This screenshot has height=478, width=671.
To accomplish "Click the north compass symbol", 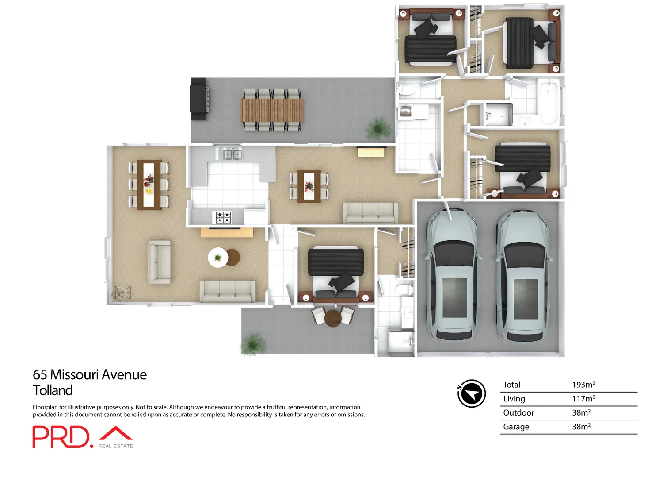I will click(472, 393).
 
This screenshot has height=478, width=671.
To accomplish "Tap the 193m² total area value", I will click(583, 385).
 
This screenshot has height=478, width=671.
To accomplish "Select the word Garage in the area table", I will click(516, 427).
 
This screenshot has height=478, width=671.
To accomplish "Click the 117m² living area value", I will click(583, 399).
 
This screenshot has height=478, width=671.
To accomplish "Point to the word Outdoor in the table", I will click(518, 412).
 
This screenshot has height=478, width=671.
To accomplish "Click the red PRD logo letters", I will click(61, 437).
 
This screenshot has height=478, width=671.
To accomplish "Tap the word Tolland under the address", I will click(53, 390).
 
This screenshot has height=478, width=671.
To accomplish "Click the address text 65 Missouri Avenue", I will click(90, 374).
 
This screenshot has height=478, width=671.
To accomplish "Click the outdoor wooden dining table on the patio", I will click(271, 110).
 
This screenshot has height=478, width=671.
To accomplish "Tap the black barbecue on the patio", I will click(199, 99).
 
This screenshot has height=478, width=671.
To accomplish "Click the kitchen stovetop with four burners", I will click(223, 217).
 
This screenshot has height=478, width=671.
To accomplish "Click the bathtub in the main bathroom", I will click(549, 102).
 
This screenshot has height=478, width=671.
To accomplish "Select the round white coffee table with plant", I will click(218, 258).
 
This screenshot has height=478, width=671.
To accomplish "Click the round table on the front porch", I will click(332, 318).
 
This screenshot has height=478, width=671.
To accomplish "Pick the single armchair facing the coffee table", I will click(160, 262).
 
